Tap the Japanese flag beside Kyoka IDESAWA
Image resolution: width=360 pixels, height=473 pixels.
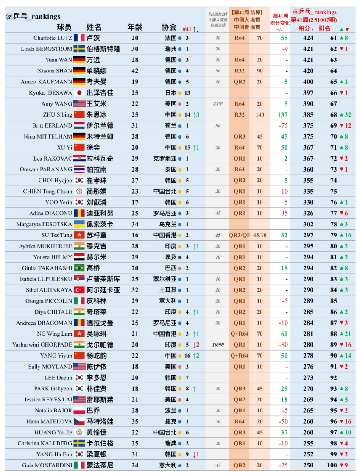point(79,93)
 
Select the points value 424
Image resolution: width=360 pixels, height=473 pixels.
point(308,38)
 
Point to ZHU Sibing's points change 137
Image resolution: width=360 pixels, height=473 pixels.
point(282,115)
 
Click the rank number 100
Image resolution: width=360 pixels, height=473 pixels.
point(332,465)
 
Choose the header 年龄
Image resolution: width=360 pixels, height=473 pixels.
point(135,27)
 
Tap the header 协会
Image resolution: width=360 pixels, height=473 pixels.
point(169,27)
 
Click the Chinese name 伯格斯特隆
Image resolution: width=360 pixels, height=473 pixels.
point(103,49)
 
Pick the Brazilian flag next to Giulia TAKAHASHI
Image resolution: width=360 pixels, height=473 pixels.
point(79,268)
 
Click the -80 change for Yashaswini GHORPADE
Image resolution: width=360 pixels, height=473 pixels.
point(283,345)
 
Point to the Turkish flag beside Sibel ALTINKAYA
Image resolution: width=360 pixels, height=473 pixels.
point(79,290)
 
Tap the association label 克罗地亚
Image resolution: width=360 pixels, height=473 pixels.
point(165,159)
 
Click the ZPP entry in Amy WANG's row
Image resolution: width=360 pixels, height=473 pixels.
point(218,104)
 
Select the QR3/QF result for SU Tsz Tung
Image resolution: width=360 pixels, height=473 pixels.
point(240,235)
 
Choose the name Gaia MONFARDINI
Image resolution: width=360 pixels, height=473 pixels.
point(47,465)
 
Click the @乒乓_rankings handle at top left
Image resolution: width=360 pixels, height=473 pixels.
point(33,17)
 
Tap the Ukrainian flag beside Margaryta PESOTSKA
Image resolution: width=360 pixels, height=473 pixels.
point(79,224)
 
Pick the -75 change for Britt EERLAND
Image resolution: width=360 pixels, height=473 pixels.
point(283,126)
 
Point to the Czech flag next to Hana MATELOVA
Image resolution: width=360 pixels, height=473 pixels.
point(79,422)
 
